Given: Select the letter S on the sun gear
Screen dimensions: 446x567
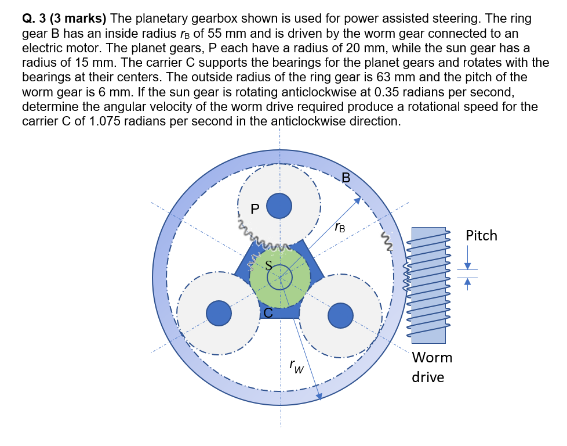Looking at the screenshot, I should tap(268, 265).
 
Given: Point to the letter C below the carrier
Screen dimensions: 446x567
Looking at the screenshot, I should tap(268, 313).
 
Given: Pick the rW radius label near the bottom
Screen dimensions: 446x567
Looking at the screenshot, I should tap(296, 366).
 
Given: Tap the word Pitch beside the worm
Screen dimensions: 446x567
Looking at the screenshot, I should tap(481, 235).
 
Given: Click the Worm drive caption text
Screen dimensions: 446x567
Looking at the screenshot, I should tap(431, 367).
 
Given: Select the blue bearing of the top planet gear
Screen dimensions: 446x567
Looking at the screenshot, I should tap(279, 205).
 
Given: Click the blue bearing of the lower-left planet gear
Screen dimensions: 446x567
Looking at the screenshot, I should tap(219, 312).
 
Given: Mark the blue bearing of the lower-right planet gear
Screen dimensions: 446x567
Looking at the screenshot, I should tap(340, 315).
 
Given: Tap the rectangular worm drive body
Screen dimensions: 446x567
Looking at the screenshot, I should tap(429, 285).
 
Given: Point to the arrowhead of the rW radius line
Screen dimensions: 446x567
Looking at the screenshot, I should tap(319, 397).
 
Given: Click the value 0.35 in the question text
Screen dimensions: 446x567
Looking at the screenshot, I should tap(387, 94).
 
